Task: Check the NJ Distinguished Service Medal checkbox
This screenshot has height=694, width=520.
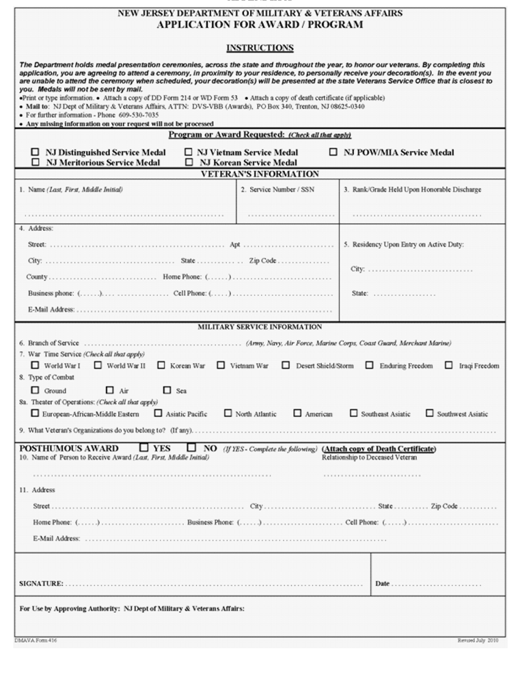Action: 35,152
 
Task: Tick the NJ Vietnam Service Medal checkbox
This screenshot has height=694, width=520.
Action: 188,152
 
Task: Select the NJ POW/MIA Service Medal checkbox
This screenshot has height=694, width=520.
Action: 333,152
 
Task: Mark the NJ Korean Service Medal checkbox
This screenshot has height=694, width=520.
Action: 189,163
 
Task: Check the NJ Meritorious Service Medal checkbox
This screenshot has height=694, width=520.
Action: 35,163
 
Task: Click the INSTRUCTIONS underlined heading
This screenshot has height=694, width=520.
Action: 260,48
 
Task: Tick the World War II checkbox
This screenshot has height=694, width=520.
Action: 98,365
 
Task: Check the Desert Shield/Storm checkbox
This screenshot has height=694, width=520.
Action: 286,365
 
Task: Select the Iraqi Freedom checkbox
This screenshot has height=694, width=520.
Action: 449,365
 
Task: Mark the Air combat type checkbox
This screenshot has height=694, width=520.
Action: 110,390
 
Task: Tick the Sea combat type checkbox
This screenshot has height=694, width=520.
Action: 167,390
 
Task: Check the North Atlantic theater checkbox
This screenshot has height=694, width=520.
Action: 228,413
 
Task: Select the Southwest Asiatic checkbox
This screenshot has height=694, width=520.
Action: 429,413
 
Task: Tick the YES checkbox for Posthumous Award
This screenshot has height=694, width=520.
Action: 143,448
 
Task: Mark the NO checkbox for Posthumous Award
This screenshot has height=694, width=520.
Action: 191,448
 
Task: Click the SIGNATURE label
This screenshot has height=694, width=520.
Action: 41,584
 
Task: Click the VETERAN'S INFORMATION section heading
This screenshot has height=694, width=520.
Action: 260,174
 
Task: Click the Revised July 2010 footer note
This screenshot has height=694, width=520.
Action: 478,641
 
